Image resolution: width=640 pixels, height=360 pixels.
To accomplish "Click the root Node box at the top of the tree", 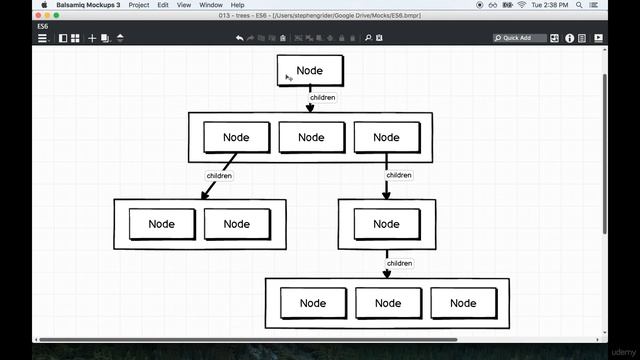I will point(310,71).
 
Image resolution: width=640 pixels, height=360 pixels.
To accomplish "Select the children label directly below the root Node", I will point(322,98).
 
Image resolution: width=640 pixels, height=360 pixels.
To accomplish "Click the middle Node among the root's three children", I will point(311,137).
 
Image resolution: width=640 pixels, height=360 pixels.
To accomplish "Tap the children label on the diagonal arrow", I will point(219,176).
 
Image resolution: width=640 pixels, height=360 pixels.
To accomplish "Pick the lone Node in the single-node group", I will point(386,224).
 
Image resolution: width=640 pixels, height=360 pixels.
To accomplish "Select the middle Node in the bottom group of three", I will point(388,303).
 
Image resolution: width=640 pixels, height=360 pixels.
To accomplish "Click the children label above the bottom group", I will point(399,264).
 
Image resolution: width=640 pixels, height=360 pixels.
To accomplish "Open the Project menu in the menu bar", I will point(139,5).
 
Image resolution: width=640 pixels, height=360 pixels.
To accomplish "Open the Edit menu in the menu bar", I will point(163,5).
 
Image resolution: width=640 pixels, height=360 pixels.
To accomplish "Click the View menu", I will point(185,5).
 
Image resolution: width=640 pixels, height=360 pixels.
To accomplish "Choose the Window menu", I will point(211,5).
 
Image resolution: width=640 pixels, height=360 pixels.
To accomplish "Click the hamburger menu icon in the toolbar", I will point(42,38).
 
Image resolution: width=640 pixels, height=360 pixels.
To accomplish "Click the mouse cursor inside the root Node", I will point(288,76).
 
